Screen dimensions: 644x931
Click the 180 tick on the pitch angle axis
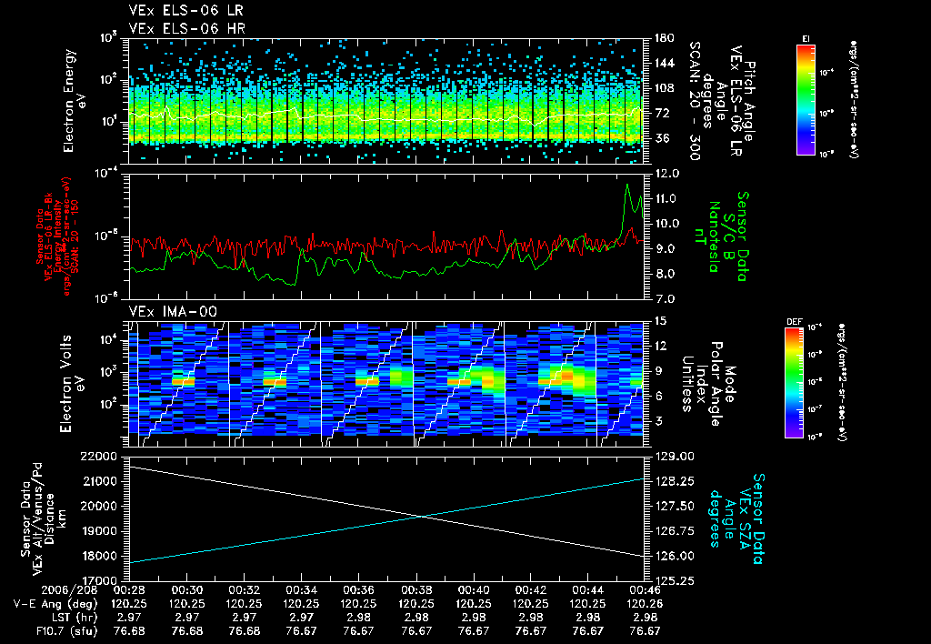pyautogui.click(x=662, y=38)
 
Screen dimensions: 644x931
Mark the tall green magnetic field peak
pyautogui.click(x=627, y=186)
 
